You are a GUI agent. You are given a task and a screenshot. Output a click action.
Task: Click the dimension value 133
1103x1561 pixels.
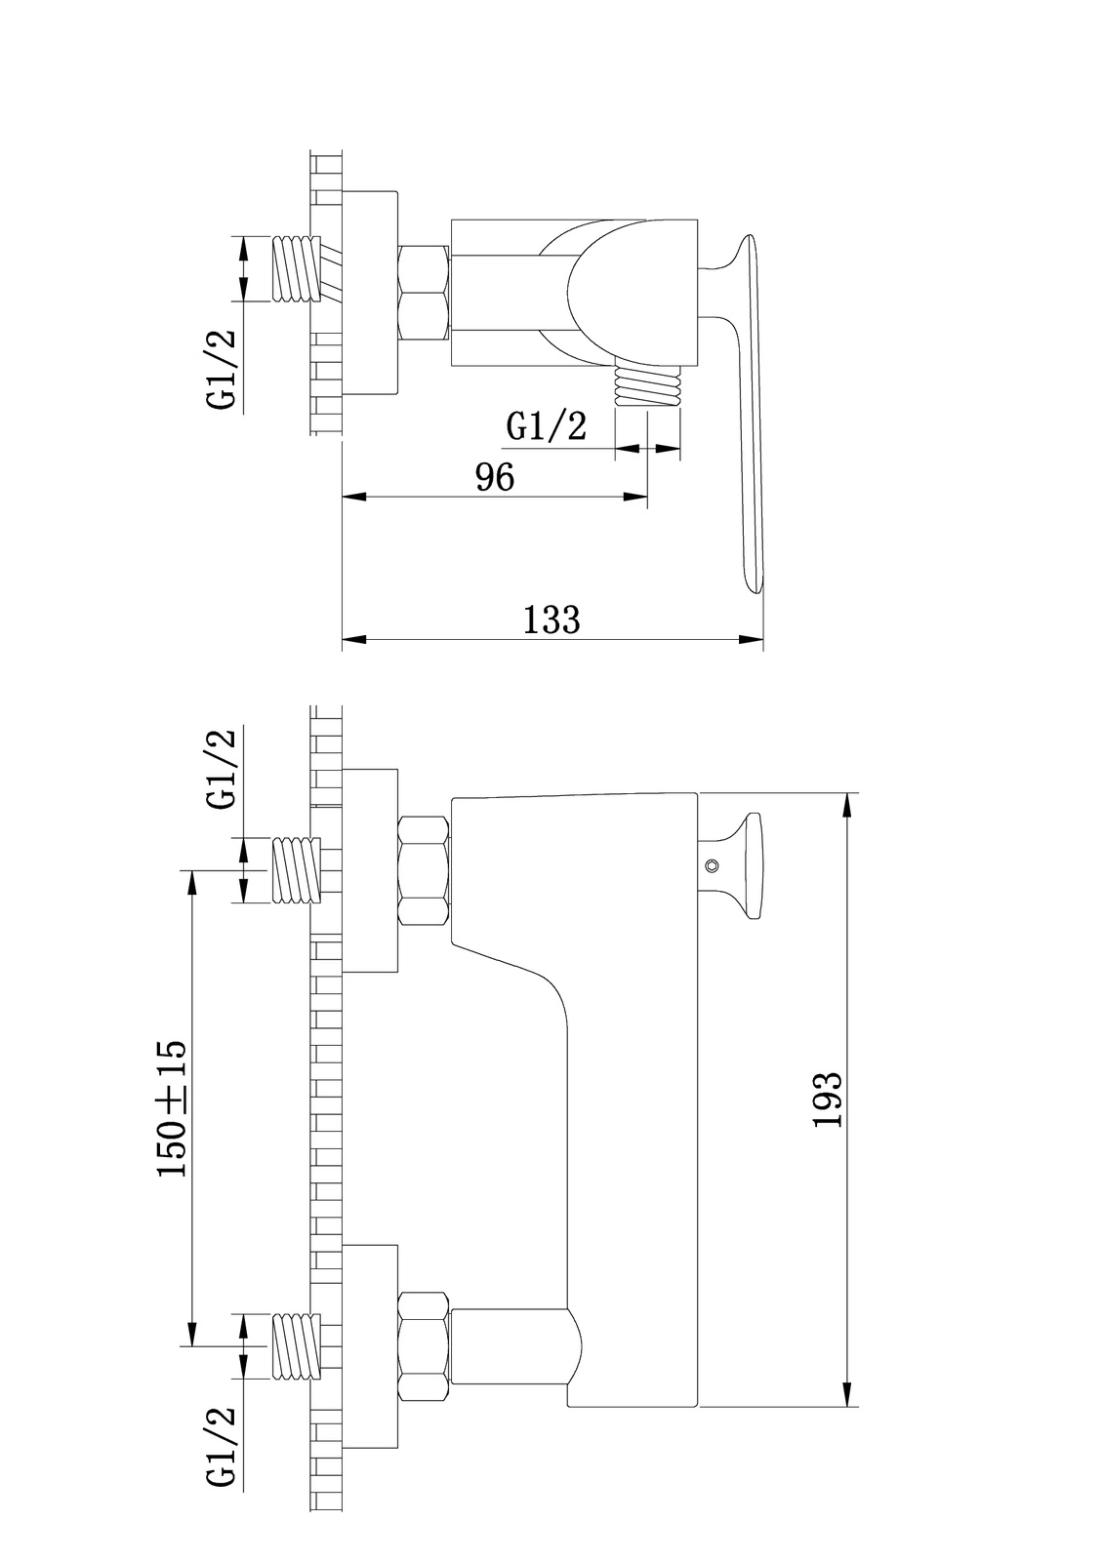click(551, 620)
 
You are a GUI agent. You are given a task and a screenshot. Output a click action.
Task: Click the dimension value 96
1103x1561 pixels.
click(494, 478)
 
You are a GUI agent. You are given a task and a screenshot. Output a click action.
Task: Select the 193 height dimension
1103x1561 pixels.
click(828, 1100)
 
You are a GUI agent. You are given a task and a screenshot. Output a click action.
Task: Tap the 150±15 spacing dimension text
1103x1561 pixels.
click(173, 1108)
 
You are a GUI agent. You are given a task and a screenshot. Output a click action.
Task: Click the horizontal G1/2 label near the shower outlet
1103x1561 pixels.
click(547, 426)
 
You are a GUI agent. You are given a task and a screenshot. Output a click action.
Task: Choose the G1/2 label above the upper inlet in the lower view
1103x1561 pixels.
click(222, 769)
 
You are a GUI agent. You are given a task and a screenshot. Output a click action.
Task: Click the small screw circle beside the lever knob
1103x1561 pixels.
click(712, 865)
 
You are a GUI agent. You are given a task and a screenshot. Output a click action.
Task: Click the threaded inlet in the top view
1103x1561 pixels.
click(297, 268)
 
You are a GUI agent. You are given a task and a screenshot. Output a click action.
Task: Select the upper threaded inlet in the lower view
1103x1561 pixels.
click(297, 870)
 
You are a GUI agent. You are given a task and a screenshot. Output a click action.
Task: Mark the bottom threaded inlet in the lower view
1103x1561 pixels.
click(297, 1346)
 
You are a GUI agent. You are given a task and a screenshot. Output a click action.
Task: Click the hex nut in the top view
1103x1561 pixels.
click(424, 293)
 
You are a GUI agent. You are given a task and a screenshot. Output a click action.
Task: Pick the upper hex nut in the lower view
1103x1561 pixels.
click(424, 870)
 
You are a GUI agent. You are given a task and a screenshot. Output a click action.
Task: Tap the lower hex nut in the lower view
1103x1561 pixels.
click(424, 1346)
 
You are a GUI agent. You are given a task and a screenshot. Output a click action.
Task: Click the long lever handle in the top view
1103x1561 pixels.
click(750, 410)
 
